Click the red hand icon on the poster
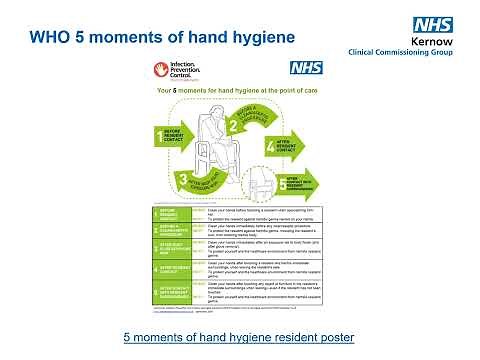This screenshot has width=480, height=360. [163, 70]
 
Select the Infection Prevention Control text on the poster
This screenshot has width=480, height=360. [186, 70]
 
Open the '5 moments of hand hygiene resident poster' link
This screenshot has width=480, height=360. [239, 335]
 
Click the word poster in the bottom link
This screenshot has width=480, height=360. [332, 335]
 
